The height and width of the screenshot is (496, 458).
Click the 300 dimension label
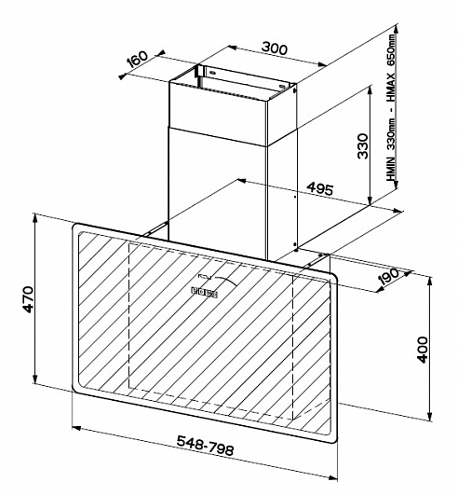tap(275, 48)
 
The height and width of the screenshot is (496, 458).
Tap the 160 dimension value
tap(138, 59)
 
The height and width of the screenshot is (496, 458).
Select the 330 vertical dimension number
tap(363, 146)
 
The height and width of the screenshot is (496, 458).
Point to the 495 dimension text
tap(320, 189)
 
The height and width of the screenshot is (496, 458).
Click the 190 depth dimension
tap(389, 276)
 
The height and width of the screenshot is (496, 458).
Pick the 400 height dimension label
tap(423, 350)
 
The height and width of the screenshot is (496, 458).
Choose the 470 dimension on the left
tap(29, 299)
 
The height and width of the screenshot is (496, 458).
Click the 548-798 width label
tap(206, 446)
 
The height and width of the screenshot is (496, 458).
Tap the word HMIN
tap(391, 170)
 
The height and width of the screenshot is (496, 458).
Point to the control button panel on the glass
tap(204, 292)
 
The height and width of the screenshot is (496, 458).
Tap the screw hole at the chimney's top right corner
tap(295, 90)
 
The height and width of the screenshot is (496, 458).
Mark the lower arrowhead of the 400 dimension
tap(429, 417)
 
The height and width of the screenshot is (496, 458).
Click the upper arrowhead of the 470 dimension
tap(36, 218)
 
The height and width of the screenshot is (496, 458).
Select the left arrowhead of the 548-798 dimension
tap(76, 428)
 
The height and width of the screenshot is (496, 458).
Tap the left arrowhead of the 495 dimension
tap(241, 181)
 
